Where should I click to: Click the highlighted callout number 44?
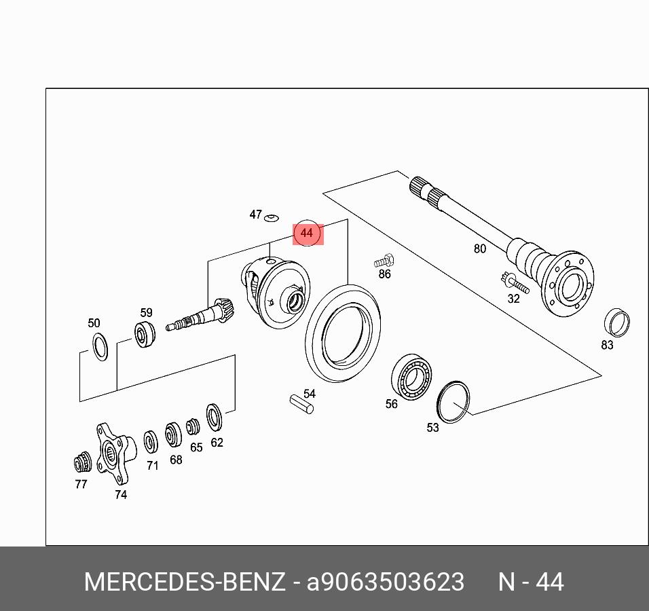(x=307, y=233)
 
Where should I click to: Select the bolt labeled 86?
(x=384, y=261)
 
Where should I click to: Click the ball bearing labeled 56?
(x=411, y=377)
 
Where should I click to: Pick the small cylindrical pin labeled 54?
(x=301, y=405)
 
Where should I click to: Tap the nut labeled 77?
(x=82, y=462)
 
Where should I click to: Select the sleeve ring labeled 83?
(x=616, y=322)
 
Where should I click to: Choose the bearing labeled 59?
(x=145, y=334)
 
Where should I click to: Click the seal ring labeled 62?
(x=214, y=416)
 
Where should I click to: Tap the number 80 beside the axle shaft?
(x=480, y=248)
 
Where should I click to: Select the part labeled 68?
(x=173, y=434)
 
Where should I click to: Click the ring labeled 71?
(x=150, y=442)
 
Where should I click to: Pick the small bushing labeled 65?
(x=193, y=427)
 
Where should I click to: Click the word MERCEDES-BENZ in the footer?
(x=185, y=582)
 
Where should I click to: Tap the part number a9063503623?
(x=386, y=582)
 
